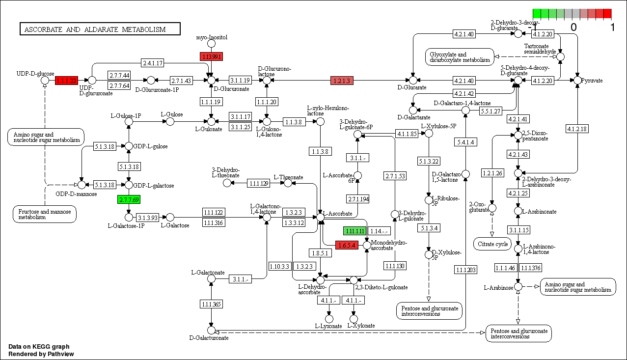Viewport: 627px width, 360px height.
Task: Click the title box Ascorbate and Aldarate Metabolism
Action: coord(95,29)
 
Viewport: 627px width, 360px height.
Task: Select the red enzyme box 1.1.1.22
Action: coord(67,80)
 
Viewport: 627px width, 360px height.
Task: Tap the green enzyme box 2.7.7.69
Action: coord(129,199)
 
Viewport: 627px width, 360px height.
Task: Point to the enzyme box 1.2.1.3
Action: coord(342,81)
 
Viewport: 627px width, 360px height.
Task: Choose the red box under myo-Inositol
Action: coord(211,56)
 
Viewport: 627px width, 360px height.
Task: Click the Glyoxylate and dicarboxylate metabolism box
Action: coord(460,57)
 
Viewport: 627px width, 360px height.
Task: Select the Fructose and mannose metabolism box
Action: coord(45,215)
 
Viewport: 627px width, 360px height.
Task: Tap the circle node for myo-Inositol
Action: coord(212,44)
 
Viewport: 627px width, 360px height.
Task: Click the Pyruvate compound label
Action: coord(592,80)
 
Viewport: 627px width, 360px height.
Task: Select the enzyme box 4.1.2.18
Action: coord(577,129)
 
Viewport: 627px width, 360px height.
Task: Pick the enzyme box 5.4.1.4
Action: coord(466,142)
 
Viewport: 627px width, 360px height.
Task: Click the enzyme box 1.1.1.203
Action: coord(466,269)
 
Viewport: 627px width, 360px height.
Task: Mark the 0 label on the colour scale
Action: coord(573,28)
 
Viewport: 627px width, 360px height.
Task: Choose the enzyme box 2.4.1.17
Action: coord(153,63)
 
